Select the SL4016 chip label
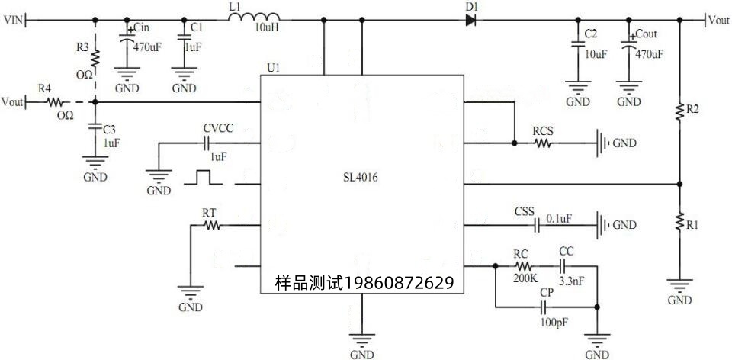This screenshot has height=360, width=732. [x=361, y=177]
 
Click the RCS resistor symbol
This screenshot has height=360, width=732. [x=543, y=142]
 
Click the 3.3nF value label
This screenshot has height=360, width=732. [x=571, y=280]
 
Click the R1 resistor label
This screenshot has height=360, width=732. [x=692, y=226]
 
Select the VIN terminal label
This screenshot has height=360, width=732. [x=13, y=21]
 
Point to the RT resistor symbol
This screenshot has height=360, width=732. [x=211, y=225]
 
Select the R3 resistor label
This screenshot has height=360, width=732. [x=82, y=47]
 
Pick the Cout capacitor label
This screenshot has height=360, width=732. [x=645, y=34]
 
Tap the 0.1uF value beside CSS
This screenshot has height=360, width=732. [x=558, y=219]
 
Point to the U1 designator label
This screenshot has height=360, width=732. [x=273, y=68]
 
